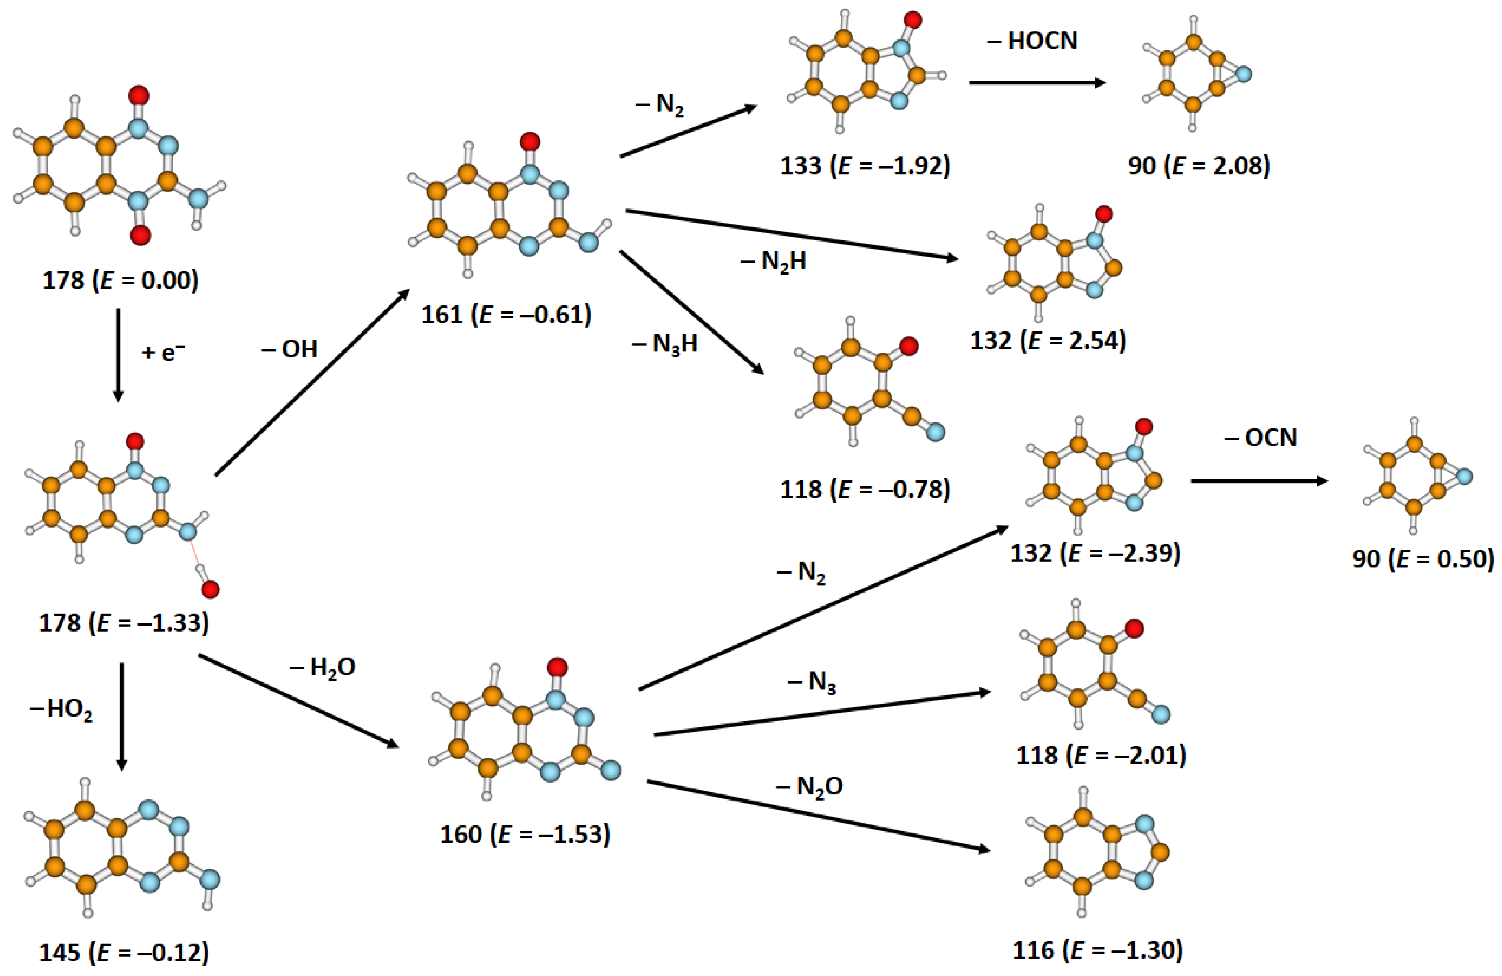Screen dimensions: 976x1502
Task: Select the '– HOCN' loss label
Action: point(1033,41)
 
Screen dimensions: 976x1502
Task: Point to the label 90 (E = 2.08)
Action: point(1199,166)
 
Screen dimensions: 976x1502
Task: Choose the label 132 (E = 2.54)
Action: point(1047,340)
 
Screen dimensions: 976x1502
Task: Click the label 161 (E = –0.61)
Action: point(506,314)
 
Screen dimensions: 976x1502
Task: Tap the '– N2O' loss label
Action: point(809,787)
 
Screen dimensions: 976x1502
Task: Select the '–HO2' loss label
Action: point(61,710)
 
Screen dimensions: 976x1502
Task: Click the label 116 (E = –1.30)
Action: point(1098,950)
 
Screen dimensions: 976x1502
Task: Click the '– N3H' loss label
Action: point(664,344)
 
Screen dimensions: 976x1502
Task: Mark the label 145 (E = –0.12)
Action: point(124,953)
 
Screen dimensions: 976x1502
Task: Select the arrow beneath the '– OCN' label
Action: point(1259,481)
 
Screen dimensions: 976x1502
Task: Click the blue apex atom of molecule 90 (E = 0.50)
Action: point(1464,477)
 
